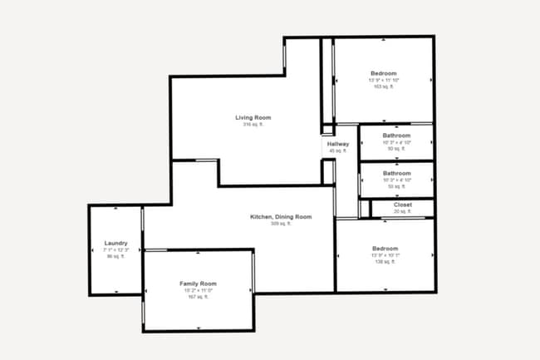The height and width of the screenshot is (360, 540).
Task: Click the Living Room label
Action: click(253, 117)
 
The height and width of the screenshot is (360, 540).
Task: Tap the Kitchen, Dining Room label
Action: click(281, 217)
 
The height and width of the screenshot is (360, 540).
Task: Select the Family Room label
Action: click(198, 284)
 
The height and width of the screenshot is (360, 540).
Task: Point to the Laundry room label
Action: click(115, 243)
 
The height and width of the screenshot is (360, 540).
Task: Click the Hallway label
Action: click(338, 145)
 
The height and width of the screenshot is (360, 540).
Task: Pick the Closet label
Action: click(402, 205)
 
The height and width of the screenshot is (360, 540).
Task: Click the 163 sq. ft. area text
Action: click(383, 86)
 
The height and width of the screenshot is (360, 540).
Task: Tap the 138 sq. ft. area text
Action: click(385, 262)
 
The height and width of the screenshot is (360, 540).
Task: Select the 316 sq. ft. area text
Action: click(253, 125)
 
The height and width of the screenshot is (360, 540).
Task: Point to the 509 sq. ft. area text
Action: click(281, 224)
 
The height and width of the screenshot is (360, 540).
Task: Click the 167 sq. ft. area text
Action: click(198, 297)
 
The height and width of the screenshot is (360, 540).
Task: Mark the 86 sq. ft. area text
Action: click(115, 256)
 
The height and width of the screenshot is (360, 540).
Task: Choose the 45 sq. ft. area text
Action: click(338, 151)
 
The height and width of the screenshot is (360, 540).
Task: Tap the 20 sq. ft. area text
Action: click(402, 211)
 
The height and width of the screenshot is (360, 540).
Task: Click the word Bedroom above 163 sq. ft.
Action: click(384, 73)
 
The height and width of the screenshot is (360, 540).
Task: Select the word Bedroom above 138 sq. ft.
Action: click(385, 249)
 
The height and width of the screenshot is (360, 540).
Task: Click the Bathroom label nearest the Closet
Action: click(396, 174)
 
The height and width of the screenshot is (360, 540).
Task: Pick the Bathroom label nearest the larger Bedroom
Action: click(396, 136)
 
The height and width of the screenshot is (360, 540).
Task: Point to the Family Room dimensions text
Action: click(198, 290)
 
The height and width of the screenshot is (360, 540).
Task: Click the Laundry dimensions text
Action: click(115, 249)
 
